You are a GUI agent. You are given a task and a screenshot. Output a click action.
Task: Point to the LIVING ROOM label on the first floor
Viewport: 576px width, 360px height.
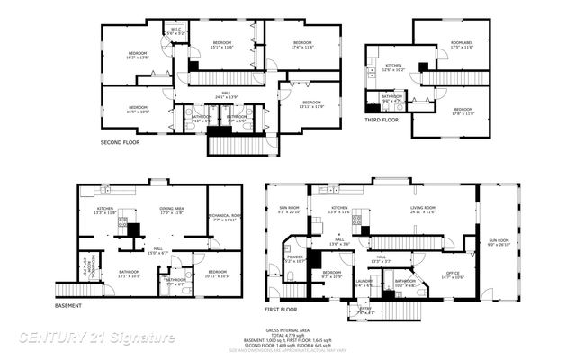[x=423, y=211]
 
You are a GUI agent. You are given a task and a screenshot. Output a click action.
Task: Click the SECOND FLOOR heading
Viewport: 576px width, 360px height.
[x=120, y=142]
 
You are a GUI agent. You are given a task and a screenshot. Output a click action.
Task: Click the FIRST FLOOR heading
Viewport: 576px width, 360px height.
[x=282, y=309]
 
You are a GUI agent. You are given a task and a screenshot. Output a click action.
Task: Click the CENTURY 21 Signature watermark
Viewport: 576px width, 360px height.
[x=97, y=337]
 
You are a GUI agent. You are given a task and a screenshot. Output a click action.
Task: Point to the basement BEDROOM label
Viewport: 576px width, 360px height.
[x=218, y=273]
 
